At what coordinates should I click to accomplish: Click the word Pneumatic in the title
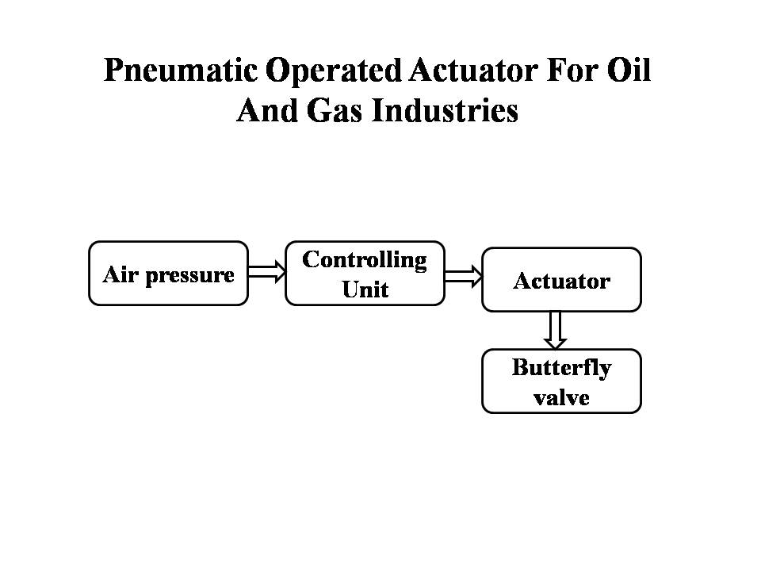coord(181,71)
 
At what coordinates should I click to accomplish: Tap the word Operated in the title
coord(334,71)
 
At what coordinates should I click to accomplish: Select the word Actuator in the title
coord(472,70)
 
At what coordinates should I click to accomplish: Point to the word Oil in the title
coord(629,70)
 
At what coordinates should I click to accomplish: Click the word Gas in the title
coord(335,110)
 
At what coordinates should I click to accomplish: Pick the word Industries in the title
coord(445,110)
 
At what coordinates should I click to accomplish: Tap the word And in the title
coord(267,110)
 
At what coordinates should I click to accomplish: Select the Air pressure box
coord(168,274)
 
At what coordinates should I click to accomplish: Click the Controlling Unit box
coord(365,274)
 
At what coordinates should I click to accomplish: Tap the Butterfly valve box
coord(561,381)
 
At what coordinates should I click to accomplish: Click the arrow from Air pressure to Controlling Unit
coord(267,271)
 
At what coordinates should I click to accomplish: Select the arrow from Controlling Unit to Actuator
coord(464,277)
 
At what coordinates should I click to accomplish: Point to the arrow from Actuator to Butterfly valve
coord(555,330)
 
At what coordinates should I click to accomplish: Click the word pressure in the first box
coord(189,276)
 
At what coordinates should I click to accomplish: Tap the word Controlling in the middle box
coord(365,260)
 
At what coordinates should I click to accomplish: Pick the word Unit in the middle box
coord(365,289)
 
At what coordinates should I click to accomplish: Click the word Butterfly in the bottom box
coord(561,368)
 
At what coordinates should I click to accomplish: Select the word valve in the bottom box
coord(561,397)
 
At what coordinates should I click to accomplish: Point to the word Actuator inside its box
coord(561,281)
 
